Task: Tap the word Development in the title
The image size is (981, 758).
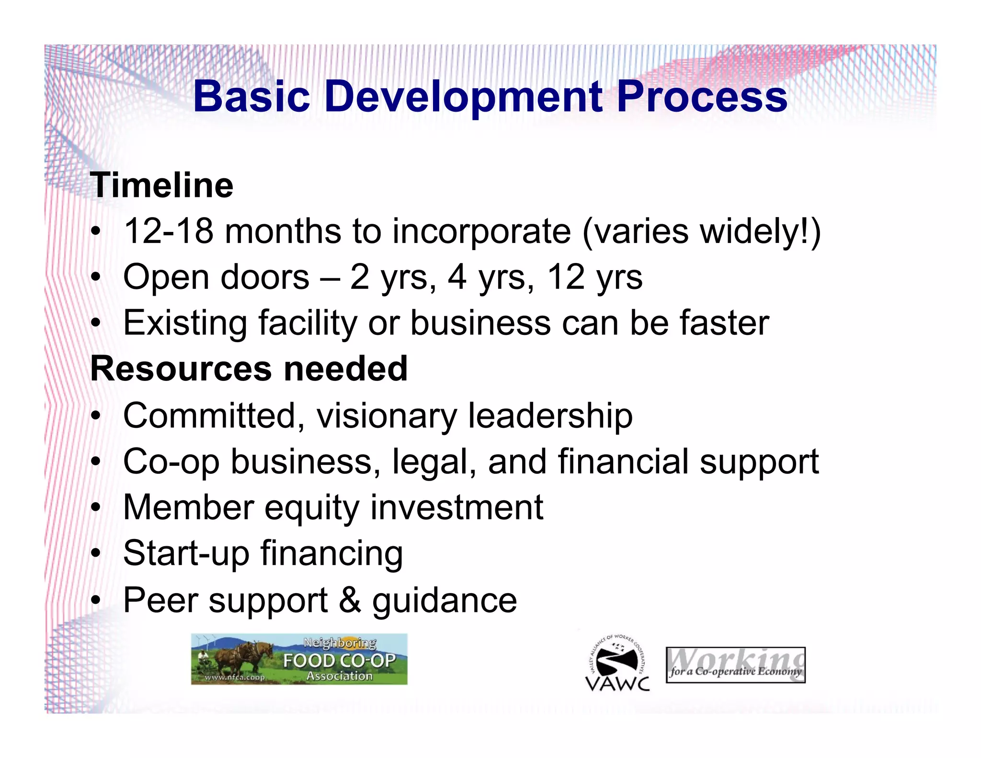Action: coord(463,97)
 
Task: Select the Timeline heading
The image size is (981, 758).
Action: coord(162,185)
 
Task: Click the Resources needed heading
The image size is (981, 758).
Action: coord(249,369)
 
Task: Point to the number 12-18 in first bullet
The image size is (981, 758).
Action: coord(168,231)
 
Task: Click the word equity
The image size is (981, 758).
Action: coord(311,507)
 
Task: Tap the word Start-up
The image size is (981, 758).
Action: coord(186,553)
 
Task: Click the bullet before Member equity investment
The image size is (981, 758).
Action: coord(96,507)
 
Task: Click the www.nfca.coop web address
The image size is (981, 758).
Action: coord(234,678)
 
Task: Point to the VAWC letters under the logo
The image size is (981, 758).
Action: coord(617,683)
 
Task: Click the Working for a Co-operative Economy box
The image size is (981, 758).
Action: coord(735,665)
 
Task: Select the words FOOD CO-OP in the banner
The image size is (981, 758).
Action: coord(339,661)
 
